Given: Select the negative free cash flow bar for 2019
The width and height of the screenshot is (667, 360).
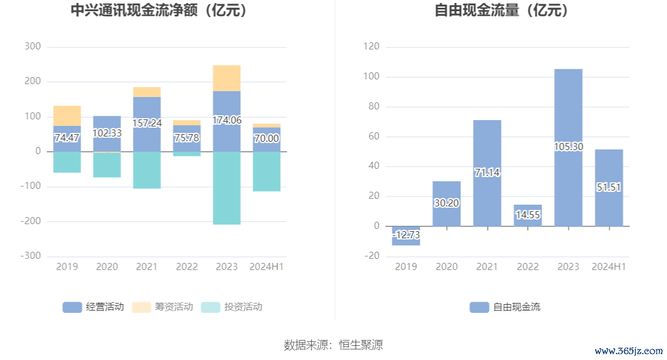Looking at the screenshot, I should coord(406,235).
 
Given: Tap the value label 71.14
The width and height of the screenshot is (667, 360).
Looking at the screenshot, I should coord(487,172).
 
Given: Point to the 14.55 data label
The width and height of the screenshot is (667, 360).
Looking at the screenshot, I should coord(528,215).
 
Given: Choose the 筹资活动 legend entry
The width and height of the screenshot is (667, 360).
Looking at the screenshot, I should coord(162,306).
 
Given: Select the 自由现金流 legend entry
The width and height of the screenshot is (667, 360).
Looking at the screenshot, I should coord(505,306).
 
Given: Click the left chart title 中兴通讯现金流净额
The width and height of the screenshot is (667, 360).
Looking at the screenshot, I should coord(158,11).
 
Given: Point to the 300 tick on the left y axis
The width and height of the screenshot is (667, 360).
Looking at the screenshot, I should coord(33,46).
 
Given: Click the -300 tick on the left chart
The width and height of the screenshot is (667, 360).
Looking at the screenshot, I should coord(31,256).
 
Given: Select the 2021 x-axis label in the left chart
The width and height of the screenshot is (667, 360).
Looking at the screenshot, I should coord(146,266).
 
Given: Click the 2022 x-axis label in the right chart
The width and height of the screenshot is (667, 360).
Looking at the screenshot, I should coord(528,266).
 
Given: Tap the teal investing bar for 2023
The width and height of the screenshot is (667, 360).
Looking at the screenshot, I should coord(226,188).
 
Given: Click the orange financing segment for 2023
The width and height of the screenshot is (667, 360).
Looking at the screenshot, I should coord(226,78).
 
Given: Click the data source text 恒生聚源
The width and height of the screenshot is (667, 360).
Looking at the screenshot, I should coord(361,344).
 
